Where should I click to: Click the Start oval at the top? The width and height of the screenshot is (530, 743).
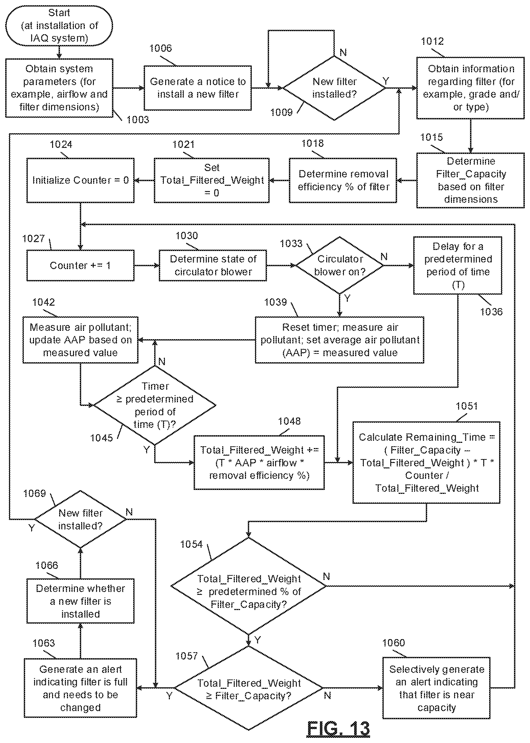(59, 25)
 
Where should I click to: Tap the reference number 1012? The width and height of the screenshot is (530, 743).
(432, 41)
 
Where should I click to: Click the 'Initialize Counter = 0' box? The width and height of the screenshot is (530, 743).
(80, 180)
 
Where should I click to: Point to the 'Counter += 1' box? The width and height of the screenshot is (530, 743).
(80, 265)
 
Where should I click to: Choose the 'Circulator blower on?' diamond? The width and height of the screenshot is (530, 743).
(339, 265)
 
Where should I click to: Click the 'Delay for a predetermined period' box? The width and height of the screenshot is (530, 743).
(458, 265)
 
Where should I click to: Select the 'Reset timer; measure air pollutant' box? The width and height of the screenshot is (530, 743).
(339, 340)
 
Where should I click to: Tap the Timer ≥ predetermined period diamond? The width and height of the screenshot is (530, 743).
(155, 405)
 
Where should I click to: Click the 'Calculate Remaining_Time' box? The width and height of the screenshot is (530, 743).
(426, 462)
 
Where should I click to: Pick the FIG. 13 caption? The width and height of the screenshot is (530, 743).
(338, 728)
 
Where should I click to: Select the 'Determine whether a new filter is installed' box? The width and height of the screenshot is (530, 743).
(80, 601)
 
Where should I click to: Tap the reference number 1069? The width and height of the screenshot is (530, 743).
(35, 493)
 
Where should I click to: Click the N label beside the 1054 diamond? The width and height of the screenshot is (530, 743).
(326, 577)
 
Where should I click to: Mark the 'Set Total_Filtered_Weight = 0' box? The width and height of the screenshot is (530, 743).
(211, 180)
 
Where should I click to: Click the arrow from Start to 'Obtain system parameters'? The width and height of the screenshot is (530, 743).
(59, 52)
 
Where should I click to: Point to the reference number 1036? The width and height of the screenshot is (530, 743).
(491, 312)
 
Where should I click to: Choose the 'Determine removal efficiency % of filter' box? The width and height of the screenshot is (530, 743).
(343, 180)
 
